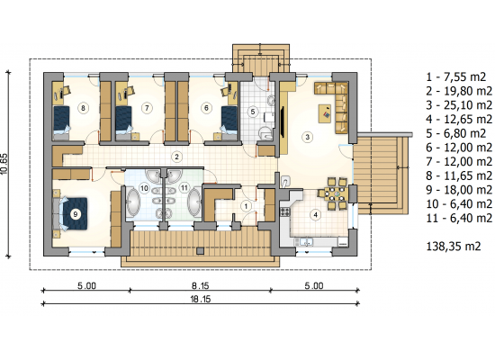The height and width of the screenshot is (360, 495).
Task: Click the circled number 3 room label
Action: (307, 137)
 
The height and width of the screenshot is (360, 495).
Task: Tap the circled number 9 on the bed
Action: (75, 214)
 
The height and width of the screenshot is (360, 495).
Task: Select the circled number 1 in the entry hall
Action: (246, 206)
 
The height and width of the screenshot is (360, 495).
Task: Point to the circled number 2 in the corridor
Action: (176, 157)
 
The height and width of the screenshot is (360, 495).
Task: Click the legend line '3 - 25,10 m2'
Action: (459, 105)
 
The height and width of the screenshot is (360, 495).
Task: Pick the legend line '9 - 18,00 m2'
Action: (459, 190)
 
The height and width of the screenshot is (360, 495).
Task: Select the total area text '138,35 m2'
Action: (454, 246)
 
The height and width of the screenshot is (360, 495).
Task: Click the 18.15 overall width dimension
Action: (200, 299)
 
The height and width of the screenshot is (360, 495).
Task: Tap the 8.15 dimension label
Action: (200, 286)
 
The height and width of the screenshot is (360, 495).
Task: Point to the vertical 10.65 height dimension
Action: (4, 163)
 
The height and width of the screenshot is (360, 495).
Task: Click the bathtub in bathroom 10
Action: (133, 202)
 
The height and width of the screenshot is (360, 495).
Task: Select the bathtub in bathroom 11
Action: (193, 202)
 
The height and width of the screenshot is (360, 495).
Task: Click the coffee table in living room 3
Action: (325, 113)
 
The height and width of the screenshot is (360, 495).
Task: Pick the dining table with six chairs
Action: (336, 193)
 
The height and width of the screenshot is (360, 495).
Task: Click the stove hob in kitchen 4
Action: (284, 211)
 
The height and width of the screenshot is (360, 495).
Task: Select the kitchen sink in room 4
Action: (304, 242)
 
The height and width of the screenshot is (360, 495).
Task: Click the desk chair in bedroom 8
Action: (67, 90)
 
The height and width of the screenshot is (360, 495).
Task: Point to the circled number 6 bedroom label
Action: (206, 108)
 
